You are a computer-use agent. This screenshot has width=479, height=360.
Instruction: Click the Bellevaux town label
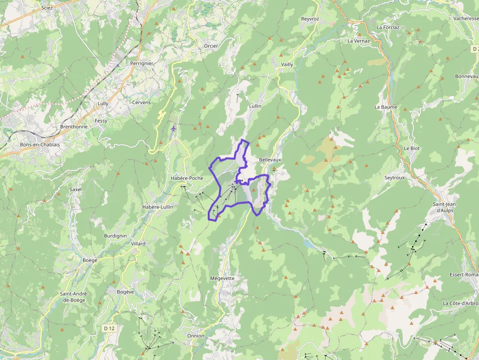tap(270, 160)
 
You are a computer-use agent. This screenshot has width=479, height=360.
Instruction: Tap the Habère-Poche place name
tap(187, 178)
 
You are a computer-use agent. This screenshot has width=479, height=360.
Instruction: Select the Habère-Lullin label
tap(157, 207)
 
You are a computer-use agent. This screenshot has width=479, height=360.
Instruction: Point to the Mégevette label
tap(222, 278)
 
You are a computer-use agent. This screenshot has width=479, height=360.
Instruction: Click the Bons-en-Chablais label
tap(40, 145)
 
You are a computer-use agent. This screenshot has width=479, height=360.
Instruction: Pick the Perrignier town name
tap(142, 64)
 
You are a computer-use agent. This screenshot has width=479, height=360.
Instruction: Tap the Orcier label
tap(211, 46)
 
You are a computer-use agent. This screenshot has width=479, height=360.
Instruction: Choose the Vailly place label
tap(287, 64)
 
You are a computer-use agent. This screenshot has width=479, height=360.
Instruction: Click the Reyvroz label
tap(310, 19)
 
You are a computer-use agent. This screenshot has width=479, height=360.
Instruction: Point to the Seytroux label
tap(394, 178)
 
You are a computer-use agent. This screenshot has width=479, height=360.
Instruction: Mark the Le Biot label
tap(412, 148)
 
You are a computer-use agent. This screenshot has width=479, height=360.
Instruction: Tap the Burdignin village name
tap(115, 235)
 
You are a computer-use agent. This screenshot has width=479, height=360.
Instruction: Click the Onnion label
tap(196, 336)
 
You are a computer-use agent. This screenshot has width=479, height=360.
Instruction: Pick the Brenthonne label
tap(74, 127)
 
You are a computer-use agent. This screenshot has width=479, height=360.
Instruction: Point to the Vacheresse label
tap(465, 18)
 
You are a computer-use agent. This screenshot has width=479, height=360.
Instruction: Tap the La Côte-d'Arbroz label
tap(460, 303)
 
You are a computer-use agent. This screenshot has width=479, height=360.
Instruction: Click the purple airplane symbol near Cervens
tap(174, 128)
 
